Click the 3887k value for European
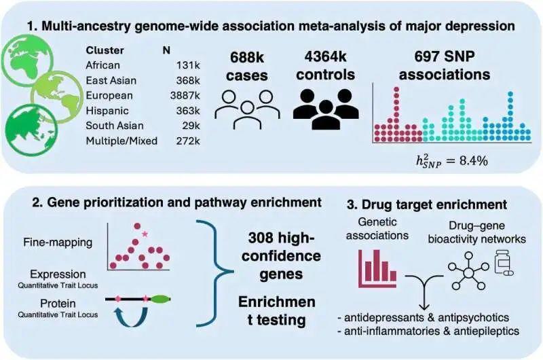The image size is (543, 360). point(185,96)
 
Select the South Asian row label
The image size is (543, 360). point(115,126)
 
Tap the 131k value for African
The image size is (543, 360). point(188,65)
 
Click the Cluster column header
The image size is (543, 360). point(105,50)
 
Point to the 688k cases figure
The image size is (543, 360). point(246,67)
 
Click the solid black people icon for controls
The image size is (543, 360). point(326,109)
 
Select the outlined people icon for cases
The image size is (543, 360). point(247,109)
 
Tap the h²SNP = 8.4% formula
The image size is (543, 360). point(451,161)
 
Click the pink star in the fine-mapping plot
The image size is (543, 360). point(145,234)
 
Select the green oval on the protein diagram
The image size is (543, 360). point(161,299)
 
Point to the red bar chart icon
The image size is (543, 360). point(377,268)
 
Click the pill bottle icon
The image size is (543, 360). point(504,263)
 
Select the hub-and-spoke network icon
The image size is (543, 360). point(468,271)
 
